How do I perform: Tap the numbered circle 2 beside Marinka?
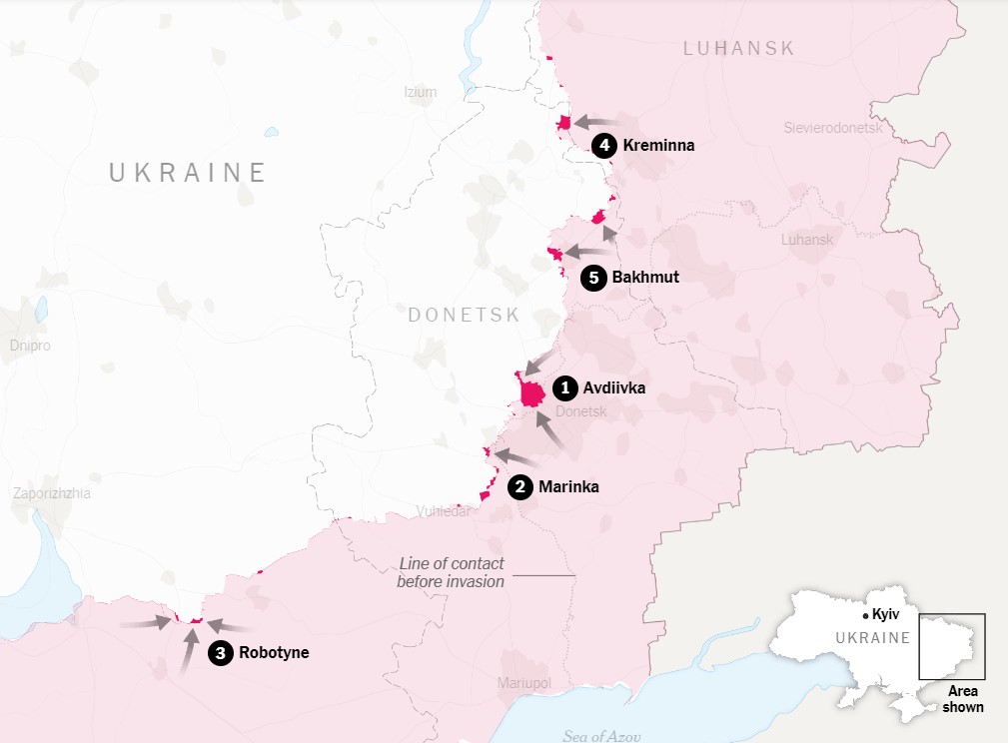click(519, 487)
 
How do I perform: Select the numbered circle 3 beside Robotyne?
click(220, 653)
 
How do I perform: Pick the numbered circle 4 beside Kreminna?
click(603, 146)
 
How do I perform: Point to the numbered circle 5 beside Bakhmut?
click(593, 278)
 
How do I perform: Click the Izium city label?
click(421, 92)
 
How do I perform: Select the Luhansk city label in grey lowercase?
click(807, 240)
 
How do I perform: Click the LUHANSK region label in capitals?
click(739, 48)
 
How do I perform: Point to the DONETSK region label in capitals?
click(464, 316)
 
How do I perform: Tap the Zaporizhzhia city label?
click(51, 493)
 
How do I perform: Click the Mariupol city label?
click(523, 683)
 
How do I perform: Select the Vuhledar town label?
click(443, 512)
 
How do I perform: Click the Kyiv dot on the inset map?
click(865, 616)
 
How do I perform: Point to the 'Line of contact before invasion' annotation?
click(451, 572)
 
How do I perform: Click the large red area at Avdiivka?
click(532, 390)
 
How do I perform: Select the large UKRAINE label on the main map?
click(188, 173)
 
